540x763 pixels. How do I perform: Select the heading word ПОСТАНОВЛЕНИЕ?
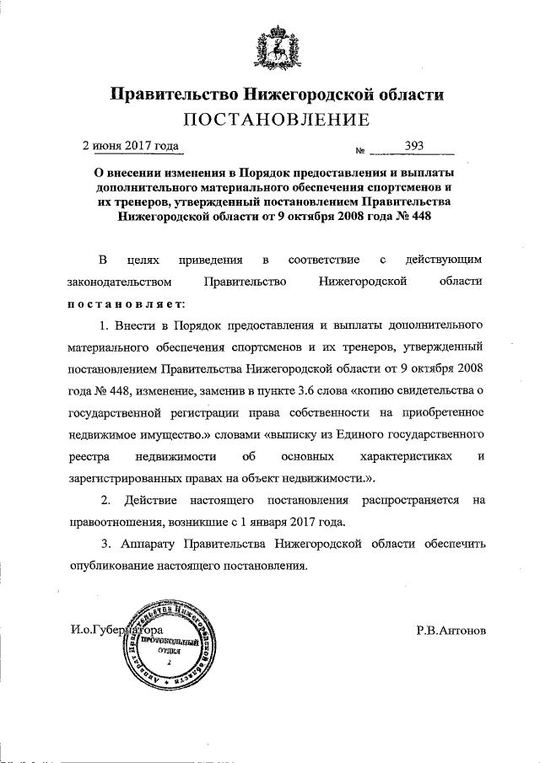(x=269, y=119)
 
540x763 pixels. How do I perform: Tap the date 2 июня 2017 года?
(x=130, y=145)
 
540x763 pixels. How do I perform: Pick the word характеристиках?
(x=399, y=456)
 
